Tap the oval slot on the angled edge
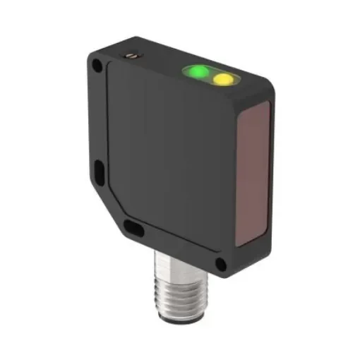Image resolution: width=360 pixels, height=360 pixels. (x=132, y=227)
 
